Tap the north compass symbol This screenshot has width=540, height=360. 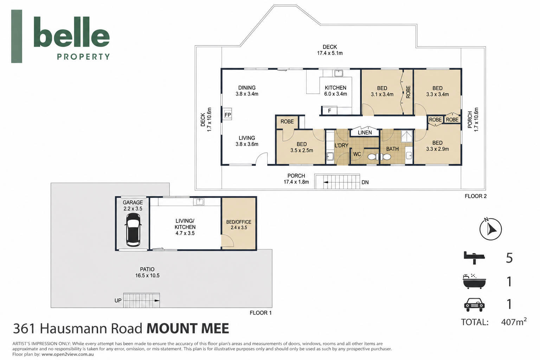(x=490, y=229)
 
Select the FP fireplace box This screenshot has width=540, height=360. (x=227, y=114)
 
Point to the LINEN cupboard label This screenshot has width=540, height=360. (x=365, y=133)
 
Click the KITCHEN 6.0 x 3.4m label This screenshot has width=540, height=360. (x=336, y=91)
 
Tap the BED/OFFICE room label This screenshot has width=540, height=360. (x=239, y=225)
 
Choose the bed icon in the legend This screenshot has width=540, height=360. (x=474, y=258)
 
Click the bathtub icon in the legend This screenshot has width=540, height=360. (x=474, y=281)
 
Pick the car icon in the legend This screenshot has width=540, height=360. (x=474, y=305)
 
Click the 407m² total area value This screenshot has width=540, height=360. (x=514, y=322)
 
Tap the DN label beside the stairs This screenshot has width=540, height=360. (x=365, y=182)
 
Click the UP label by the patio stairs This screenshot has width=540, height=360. (x=118, y=301)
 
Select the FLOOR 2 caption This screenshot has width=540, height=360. (x=476, y=196)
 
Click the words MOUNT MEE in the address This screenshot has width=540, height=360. (x=188, y=328)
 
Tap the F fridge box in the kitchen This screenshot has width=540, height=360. (x=329, y=111)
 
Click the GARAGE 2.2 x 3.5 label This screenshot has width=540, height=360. (x=133, y=205)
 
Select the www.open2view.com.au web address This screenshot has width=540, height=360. (x=67, y=354)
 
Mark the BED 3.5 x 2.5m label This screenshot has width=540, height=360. (x=302, y=147)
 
